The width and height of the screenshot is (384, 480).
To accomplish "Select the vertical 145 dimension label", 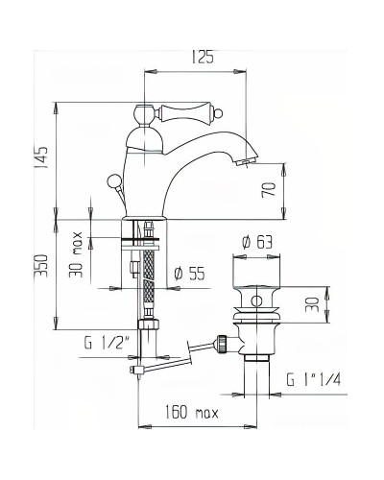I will coord(40,154).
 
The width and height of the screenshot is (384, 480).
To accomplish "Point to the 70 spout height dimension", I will coord(272,190).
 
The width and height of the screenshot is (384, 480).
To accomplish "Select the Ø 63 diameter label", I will coord(256,242).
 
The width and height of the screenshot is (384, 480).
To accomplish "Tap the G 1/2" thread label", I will coord(105,340).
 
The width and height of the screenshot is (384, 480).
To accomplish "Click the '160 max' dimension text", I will coord(189,415).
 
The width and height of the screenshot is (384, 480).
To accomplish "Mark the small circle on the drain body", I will coord(256,302).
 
